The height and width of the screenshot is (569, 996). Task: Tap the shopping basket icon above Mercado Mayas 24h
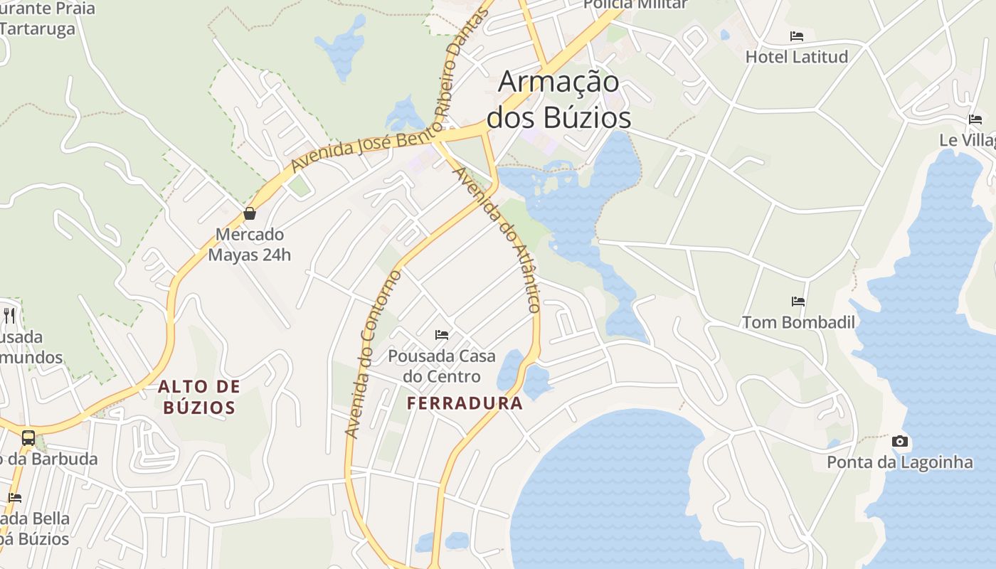250,213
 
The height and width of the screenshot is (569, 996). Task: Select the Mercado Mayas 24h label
250,245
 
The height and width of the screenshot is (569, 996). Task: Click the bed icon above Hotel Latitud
797,36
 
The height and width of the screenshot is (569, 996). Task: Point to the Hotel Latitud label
797,57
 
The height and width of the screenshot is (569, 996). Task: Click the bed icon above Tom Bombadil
798,302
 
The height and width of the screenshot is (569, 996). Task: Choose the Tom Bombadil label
798,322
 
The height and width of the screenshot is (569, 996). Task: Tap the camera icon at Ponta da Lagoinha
900,442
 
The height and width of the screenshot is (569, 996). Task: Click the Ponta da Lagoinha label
899,462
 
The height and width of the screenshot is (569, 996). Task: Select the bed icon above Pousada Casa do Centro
442,334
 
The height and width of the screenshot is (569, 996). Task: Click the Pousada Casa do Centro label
442,366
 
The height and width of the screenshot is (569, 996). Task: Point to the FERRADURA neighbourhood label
465,404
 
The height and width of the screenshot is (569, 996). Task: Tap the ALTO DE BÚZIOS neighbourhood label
198,397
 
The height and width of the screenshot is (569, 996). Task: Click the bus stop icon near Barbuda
28,438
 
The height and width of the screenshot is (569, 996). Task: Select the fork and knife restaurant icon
9,316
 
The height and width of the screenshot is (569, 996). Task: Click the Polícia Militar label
635,4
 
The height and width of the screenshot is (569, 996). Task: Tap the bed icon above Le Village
975,119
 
